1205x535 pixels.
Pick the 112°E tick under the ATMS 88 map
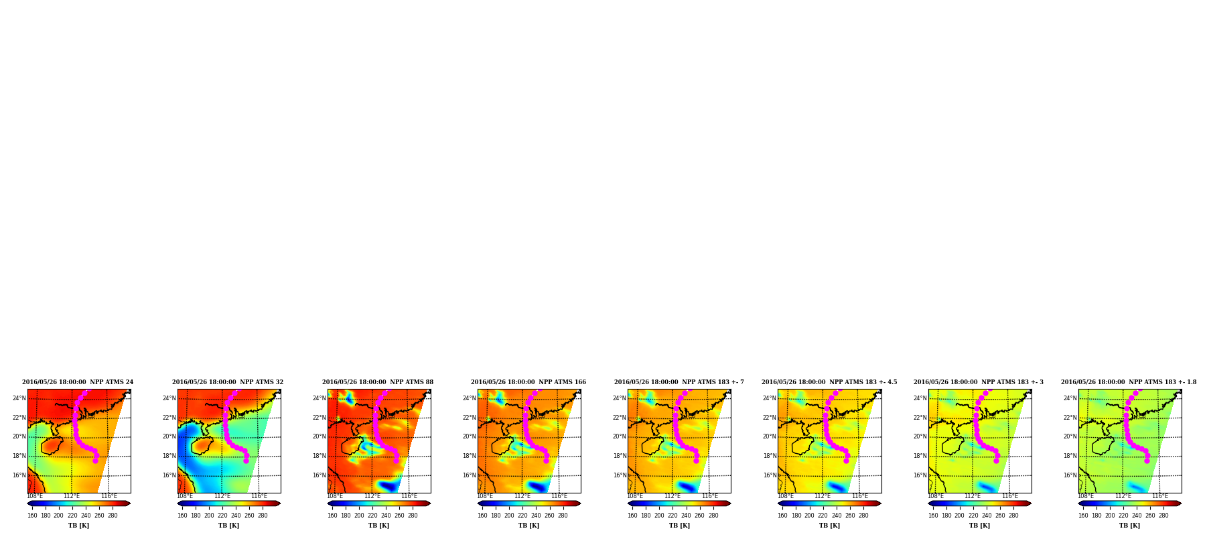372,497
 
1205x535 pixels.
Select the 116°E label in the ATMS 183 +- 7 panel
709,497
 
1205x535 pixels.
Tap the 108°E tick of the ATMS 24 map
35,497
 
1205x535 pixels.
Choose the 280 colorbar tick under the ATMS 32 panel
263,516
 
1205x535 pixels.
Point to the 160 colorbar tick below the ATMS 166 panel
482,516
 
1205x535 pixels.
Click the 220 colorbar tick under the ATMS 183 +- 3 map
973,516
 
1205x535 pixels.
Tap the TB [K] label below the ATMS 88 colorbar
378,526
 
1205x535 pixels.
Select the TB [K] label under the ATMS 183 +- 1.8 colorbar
1129,526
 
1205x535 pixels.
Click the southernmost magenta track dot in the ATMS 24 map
95,461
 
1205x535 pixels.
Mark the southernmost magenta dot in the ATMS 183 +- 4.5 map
846,461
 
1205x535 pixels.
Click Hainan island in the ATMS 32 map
202,445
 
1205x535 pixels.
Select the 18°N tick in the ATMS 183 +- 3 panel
919,456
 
